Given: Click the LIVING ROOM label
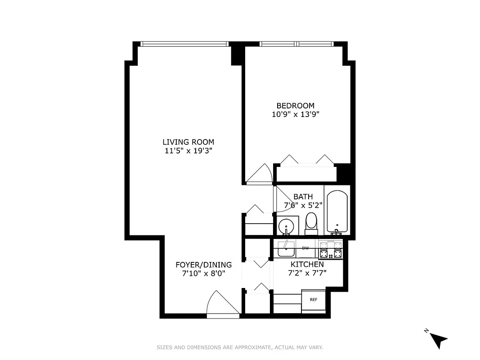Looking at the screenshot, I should pyautogui.click(x=188, y=142).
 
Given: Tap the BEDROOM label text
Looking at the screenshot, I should pyautogui.click(x=295, y=106).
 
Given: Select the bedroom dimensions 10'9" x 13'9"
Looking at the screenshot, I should pyautogui.click(x=295, y=114).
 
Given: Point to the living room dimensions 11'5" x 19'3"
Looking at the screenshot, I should pyautogui.click(x=188, y=151).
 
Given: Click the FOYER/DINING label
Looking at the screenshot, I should pyautogui.click(x=203, y=265).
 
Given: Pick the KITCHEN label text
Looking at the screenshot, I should pyautogui.click(x=307, y=264).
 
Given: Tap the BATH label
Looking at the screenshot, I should pyautogui.click(x=303, y=197).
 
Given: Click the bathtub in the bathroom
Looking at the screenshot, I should pyautogui.click(x=336, y=211).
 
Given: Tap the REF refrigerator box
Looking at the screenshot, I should pyautogui.click(x=314, y=299).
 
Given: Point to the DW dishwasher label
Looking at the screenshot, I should pyautogui.click(x=305, y=248).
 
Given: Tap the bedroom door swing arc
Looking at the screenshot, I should pyautogui.click(x=260, y=174).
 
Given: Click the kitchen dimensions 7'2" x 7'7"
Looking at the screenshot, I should pyautogui.click(x=307, y=273).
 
